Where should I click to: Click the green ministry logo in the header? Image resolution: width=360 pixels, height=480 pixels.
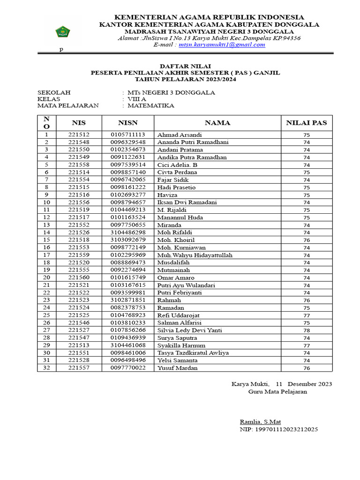tap(63, 32)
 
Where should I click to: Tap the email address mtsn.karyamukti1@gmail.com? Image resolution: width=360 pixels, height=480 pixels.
tap(222, 45)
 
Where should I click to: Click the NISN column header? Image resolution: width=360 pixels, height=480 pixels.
tap(127, 123)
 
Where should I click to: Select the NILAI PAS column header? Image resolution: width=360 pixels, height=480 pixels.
tap(307, 123)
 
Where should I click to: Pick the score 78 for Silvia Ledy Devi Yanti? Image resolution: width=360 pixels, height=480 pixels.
tap(307, 330)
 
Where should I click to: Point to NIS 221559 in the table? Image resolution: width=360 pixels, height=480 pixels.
tap(79, 255)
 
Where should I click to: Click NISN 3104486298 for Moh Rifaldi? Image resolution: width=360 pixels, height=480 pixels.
tap(128, 232)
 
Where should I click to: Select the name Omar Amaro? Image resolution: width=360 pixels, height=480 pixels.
tap(176, 277)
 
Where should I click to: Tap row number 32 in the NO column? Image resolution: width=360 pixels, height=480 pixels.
tap(46, 368)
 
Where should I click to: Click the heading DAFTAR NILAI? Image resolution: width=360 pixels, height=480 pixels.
tap(185, 67)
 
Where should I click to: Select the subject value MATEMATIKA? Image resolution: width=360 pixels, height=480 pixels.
tap(150, 105)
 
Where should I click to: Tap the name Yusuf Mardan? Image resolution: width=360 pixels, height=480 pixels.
tap(177, 368)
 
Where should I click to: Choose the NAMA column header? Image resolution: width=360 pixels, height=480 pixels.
tap(217, 123)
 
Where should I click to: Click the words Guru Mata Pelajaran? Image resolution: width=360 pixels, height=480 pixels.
tap(277, 391)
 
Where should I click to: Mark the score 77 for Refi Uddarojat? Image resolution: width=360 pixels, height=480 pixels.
tap(307, 315)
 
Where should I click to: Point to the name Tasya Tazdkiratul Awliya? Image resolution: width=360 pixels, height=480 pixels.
tap(193, 353)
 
